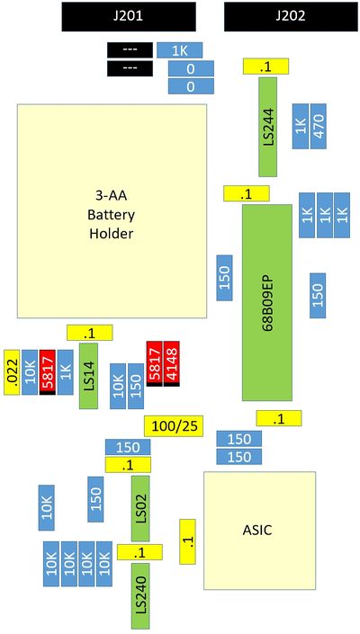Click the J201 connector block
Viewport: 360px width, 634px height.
pos(129,16)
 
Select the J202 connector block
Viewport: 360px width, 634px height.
pos(292,16)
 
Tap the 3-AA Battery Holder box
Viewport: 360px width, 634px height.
pos(112,211)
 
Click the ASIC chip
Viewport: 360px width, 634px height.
pos(259,531)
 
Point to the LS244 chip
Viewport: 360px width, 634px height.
pos(268,127)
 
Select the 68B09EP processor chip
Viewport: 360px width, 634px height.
pos(267,302)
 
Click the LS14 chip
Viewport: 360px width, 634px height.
pos(88,376)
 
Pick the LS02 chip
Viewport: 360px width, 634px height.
pos(140,508)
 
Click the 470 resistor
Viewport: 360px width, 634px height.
pos(319,126)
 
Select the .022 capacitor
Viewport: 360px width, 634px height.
pos(12,372)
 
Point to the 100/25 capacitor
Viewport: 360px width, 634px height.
pos(174,425)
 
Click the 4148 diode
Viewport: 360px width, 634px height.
pos(172,363)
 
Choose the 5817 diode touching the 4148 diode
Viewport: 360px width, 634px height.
pos(154,363)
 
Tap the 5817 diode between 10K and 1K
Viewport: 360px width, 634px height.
pos(48,372)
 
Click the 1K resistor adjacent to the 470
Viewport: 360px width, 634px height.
pos(301,126)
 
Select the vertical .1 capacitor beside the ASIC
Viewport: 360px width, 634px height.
pos(188,541)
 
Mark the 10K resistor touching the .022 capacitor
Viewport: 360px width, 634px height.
pos(30,372)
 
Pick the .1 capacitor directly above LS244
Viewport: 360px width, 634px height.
pos(265,66)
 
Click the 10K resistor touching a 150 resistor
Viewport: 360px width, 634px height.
pos(118,386)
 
